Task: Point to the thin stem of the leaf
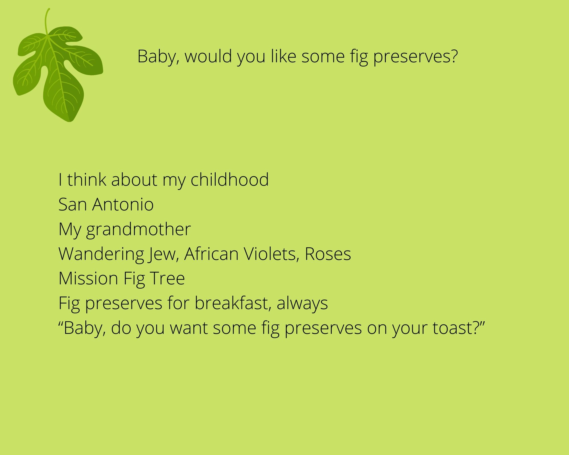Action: [46, 22]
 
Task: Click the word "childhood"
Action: [230, 179]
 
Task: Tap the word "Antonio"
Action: [123, 204]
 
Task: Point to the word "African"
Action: [211, 254]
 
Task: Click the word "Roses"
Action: [328, 254]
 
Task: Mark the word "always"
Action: [302, 303]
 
